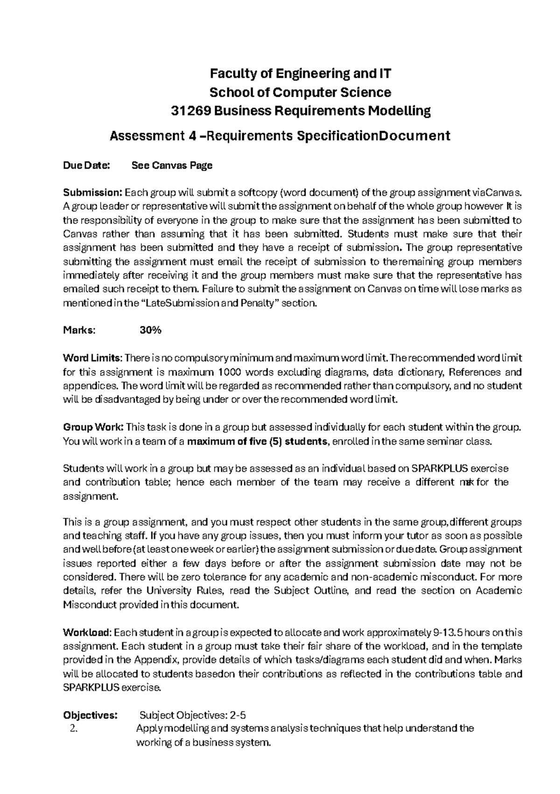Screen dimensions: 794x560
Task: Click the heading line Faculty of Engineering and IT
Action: (300, 74)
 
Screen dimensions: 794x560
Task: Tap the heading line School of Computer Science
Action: (300, 92)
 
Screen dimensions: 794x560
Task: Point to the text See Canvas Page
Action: (172, 165)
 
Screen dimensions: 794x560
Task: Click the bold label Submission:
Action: (92, 193)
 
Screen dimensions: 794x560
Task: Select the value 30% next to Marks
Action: (150, 330)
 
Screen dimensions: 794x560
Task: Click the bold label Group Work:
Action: (93, 427)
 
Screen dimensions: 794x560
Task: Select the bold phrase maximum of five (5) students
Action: (257, 441)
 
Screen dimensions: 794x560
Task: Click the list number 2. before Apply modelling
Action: (72, 729)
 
